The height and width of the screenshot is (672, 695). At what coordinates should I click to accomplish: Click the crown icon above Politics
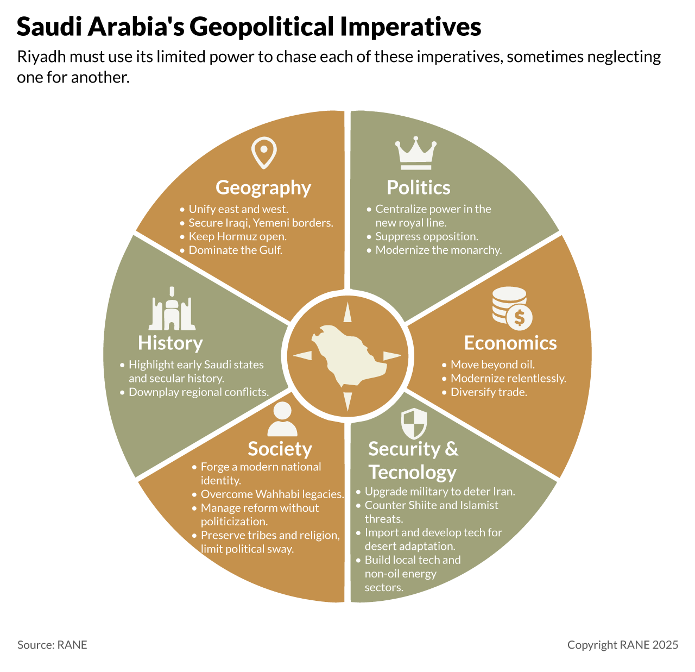(416, 154)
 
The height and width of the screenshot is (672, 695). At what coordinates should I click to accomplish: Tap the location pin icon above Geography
(264, 153)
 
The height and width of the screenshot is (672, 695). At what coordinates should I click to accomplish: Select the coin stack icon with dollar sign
(512, 308)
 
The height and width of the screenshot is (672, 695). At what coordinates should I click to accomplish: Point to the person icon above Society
(282, 419)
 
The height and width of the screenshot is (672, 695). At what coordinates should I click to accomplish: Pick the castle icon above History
(172, 309)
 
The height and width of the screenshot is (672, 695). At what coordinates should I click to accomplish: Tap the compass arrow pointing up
(347, 313)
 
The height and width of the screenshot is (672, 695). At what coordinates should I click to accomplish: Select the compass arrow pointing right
(391, 356)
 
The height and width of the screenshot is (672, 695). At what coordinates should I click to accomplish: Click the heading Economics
(510, 343)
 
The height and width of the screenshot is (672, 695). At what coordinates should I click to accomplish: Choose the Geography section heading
(263, 187)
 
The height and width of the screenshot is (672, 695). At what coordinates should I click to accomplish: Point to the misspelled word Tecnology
(412, 472)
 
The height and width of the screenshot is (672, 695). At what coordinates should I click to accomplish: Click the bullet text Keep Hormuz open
(237, 236)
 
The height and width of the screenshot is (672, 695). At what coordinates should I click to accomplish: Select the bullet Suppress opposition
(427, 236)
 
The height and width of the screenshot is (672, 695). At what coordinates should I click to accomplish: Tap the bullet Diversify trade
(489, 392)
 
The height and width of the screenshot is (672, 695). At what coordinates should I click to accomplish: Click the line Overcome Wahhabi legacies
(272, 494)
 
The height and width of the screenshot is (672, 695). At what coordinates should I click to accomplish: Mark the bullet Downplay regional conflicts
(199, 392)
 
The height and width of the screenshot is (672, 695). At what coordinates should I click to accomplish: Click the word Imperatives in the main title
(411, 27)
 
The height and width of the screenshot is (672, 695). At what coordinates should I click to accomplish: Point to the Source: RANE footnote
(52, 645)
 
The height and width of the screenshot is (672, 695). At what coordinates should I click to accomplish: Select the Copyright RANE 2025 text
(623, 645)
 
